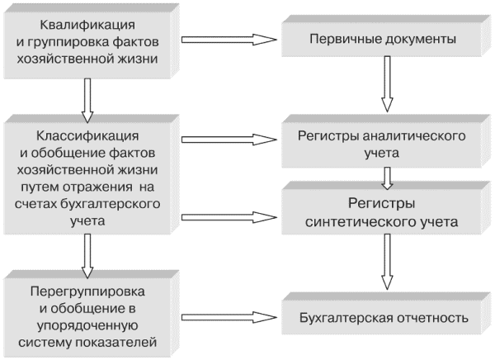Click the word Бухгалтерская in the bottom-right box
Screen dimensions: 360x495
pyautogui.click(x=346, y=317)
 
